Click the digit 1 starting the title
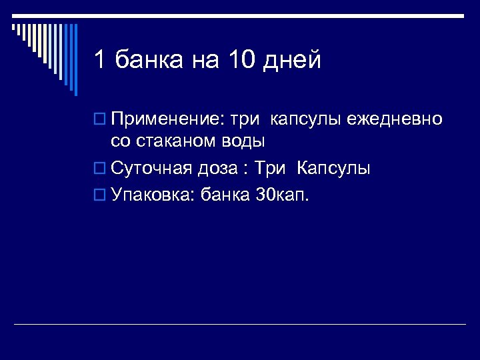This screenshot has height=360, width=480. click(100, 61)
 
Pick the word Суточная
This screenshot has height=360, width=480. click(151, 168)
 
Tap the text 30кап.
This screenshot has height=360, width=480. click(283, 195)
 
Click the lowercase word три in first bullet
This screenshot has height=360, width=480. click(247, 121)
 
